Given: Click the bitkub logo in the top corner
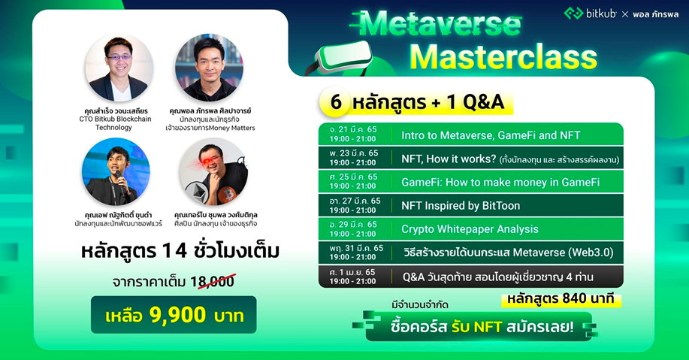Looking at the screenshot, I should click(591, 14).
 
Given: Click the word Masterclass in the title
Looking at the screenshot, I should click(503, 58).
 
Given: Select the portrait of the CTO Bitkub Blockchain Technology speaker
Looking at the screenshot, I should click(118, 68).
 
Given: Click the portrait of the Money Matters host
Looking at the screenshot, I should click(209, 68).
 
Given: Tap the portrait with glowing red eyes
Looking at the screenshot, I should click(213, 171).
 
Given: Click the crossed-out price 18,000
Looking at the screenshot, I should click(212, 282).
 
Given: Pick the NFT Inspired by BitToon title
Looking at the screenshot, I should click(460, 206).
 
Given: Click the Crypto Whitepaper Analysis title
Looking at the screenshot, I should click(470, 229).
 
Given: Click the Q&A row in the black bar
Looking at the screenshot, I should click(497, 277).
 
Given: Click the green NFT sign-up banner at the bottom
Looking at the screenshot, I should click(475, 327).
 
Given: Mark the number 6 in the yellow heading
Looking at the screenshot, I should click(335, 101).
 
